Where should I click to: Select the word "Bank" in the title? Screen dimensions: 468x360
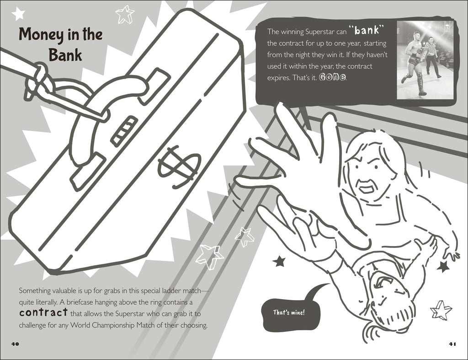coord(65,55)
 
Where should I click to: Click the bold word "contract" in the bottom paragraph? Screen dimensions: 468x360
coord(43,312)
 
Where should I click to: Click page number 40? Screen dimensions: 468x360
coord(15,344)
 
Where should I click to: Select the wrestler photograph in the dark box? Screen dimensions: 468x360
coord(425,60)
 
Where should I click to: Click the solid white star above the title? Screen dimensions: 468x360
coord(18,13)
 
